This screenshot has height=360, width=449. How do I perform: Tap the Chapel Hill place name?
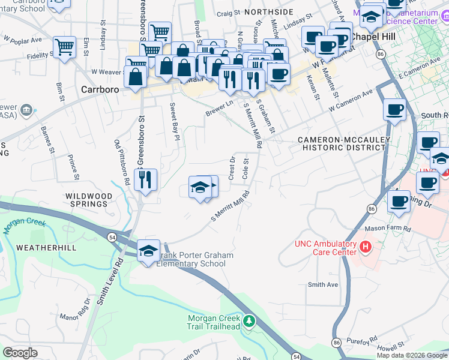(373, 37)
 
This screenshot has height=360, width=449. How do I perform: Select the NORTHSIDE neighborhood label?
(269, 11)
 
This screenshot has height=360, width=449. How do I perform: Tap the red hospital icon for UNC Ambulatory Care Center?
(364, 247)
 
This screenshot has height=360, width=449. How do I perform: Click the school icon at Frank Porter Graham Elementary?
(148, 251)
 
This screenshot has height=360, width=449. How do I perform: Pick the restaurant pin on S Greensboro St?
(145, 179)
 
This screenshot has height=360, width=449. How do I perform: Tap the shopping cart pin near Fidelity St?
(64, 46)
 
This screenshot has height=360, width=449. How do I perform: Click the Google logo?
(20, 353)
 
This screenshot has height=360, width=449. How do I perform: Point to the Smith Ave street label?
(323, 285)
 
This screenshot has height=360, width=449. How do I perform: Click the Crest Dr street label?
(232, 167)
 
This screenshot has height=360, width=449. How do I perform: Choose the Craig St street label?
(228, 12)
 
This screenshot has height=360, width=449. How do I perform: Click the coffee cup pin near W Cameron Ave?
(394, 110)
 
